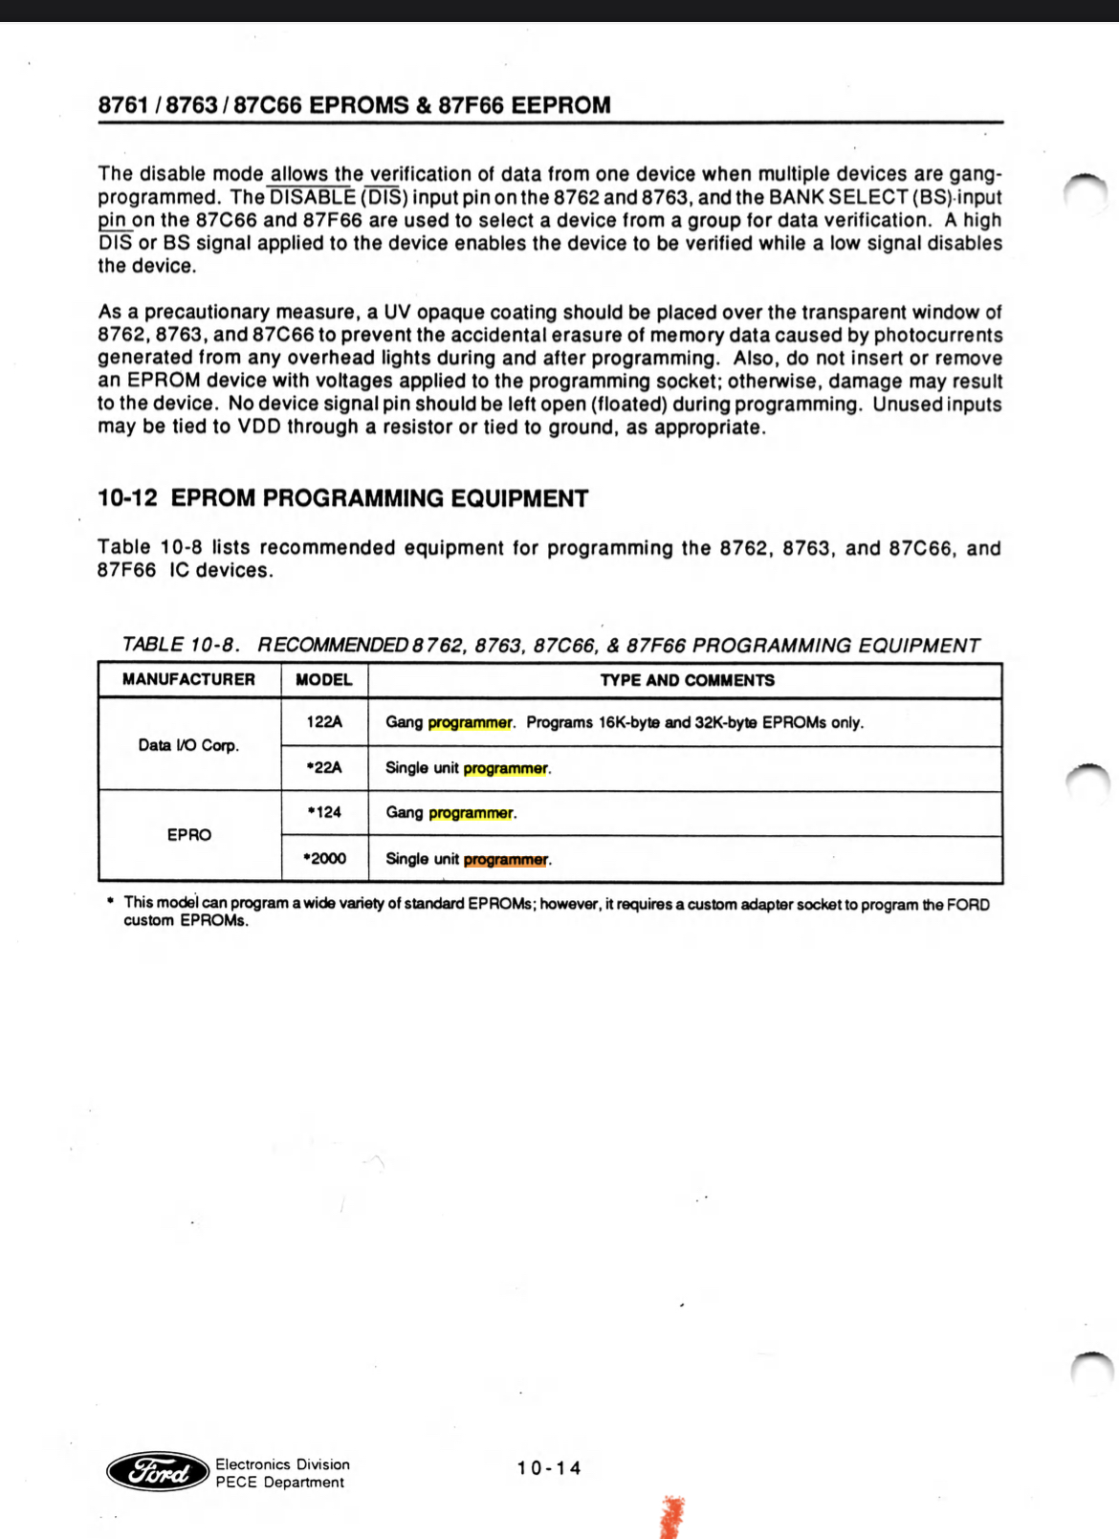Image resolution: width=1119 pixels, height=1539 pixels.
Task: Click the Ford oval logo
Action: (158, 1471)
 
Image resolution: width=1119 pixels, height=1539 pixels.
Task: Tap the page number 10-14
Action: (549, 1468)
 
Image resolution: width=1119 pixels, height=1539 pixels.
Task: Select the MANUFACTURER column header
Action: (188, 679)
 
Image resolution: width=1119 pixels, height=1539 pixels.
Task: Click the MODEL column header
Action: (324, 680)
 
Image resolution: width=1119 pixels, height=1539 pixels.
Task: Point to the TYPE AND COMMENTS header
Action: (687, 680)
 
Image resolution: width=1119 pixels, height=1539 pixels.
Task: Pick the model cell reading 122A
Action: (324, 722)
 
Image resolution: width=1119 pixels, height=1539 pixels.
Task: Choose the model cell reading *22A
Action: (324, 767)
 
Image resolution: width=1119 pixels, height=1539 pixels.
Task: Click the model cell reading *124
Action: (324, 812)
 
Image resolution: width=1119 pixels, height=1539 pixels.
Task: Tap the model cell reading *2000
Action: (324, 858)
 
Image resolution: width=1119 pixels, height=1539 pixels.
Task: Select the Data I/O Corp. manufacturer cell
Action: (188, 745)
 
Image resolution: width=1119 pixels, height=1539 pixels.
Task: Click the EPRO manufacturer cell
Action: (188, 835)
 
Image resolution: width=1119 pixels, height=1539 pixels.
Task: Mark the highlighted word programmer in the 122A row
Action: (470, 723)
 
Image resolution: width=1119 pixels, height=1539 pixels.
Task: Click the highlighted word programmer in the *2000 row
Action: (506, 860)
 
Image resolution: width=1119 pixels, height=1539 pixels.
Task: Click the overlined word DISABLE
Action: (312, 198)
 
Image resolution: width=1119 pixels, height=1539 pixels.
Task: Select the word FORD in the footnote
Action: (968, 904)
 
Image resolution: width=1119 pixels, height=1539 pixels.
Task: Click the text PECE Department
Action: (279, 1483)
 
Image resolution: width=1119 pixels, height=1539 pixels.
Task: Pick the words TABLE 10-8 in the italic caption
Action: (180, 646)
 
